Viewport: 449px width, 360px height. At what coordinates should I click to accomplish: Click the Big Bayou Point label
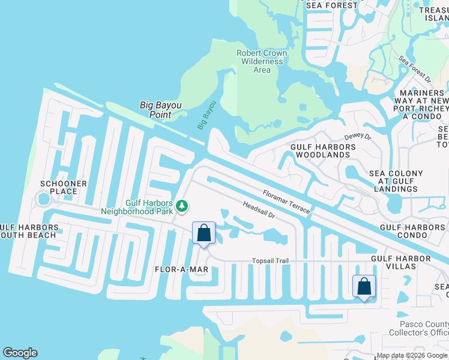(x=160, y=110)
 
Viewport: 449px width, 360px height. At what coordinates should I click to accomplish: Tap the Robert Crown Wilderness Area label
(x=262, y=61)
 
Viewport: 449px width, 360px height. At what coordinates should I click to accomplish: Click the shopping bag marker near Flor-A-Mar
(x=203, y=233)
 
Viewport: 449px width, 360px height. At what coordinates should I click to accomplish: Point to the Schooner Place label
(x=64, y=187)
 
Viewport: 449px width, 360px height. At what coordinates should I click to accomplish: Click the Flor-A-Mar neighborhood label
(x=181, y=269)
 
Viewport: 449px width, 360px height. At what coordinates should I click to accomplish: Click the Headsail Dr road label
(x=259, y=209)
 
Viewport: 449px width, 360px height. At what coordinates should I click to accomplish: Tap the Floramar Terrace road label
(x=286, y=202)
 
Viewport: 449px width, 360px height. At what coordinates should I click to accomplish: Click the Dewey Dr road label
(x=358, y=137)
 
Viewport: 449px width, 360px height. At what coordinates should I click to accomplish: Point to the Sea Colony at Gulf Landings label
(x=396, y=181)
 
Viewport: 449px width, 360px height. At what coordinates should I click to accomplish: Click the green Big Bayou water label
(x=206, y=115)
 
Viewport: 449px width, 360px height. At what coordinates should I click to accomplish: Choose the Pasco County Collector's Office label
(x=418, y=328)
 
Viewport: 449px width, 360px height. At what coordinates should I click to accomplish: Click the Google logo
(x=20, y=353)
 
